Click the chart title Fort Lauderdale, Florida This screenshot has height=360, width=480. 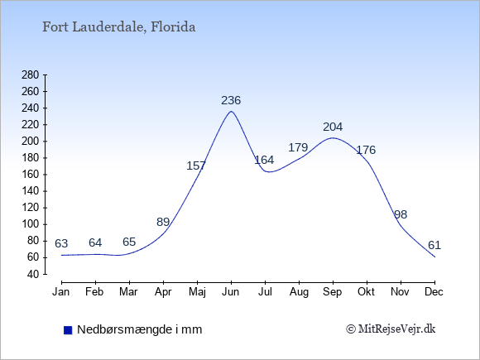tap(119, 27)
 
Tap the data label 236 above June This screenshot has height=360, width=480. tap(231, 100)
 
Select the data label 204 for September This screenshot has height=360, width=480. tap(333, 127)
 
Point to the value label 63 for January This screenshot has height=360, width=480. tap(61, 243)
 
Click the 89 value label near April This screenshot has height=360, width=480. tap(163, 222)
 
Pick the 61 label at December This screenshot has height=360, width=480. tap(434, 245)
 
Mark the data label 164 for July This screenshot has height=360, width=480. tap(264, 160)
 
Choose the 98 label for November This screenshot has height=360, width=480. tap(401, 214)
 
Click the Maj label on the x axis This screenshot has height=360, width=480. tap(197, 292)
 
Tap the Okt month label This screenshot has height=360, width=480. tap(366, 292)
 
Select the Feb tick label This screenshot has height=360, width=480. tap(94, 292)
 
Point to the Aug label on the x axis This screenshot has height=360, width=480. tap(299, 292)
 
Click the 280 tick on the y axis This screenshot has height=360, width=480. tap(31, 74)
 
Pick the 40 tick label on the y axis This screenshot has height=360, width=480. tap(33, 274)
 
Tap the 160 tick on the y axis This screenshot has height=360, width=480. tap(31, 175)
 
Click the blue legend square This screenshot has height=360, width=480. tap(68, 330)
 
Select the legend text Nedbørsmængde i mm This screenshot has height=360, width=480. tap(140, 329)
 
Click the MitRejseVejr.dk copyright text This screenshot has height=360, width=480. tap(391, 329)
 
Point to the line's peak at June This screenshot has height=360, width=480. tap(231, 111)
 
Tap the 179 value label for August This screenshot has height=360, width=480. tap(298, 147)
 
